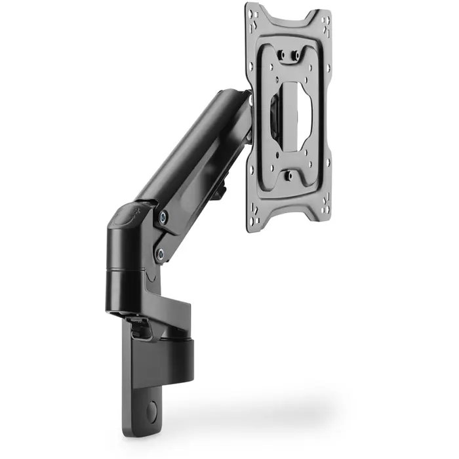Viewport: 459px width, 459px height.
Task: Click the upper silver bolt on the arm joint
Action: (x=163, y=215)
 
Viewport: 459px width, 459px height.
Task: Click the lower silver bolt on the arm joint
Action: (x=159, y=251)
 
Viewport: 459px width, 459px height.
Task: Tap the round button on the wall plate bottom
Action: (x=152, y=412)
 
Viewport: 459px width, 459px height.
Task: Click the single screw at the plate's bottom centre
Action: (x=288, y=176)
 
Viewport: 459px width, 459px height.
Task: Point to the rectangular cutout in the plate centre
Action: (x=292, y=115)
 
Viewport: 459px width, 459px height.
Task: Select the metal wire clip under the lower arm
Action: (x=140, y=323)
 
